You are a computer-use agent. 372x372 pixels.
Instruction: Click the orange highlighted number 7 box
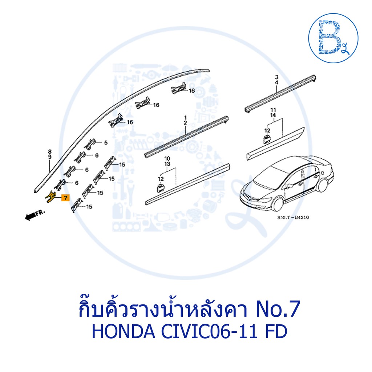65,198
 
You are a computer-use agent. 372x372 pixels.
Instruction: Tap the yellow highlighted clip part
50,197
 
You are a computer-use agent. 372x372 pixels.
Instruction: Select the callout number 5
106,142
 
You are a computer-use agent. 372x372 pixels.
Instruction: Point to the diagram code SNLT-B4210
293,217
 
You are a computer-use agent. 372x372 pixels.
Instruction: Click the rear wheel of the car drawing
322,185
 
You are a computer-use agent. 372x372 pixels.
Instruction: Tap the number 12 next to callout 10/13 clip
161,179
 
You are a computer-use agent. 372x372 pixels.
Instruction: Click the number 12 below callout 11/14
267,130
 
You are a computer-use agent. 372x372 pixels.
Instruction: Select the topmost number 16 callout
192,90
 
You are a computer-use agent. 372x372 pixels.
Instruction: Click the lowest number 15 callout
89,207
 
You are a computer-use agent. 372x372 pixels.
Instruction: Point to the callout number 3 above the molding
276,77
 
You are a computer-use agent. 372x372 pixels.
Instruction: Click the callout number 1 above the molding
185,118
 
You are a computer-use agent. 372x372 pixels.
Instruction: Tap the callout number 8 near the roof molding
49,151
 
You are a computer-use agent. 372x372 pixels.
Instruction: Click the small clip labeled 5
90,144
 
